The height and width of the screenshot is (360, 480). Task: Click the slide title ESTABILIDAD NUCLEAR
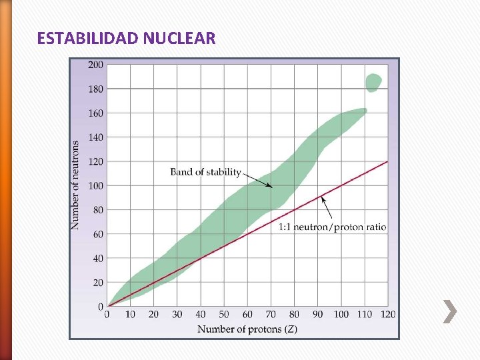[127, 38]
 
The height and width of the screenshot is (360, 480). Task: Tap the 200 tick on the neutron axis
[96, 65]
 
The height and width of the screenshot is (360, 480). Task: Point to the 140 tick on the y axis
[96, 137]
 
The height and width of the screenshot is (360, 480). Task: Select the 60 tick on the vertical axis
[98, 235]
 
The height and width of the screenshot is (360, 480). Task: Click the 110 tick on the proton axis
[365, 315]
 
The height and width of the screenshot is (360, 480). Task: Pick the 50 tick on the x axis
[224, 315]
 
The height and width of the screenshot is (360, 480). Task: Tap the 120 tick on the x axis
[388, 315]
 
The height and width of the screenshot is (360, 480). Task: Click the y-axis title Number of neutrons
[75, 185]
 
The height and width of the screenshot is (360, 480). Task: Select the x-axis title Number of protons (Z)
[247, 329]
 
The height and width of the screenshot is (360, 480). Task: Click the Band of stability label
[205, 172]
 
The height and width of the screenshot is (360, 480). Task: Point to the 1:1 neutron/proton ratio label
[332, 227]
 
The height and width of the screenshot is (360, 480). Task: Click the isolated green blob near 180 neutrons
[373, 82]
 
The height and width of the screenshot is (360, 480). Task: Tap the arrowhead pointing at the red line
[322, 198]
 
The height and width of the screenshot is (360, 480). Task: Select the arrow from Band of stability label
[257, 180]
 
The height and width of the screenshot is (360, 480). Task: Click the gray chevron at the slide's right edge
[450, 311]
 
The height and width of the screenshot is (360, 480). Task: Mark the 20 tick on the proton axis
[154, 315]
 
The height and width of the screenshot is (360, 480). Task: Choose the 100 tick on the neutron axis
[96, 186]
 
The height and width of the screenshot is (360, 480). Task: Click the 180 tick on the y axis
[96, 89]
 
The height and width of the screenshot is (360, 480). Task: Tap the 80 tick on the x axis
[294, 315]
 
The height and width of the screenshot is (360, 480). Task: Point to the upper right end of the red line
[387, 161]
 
